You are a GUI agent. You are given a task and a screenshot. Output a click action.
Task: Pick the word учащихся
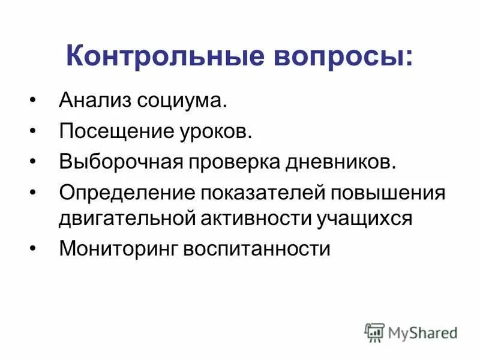coord(365,218)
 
